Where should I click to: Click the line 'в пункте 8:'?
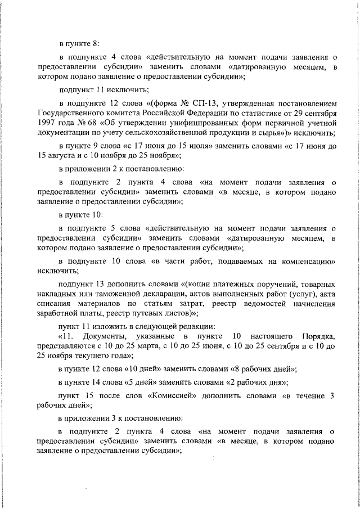tap(79, 42)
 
